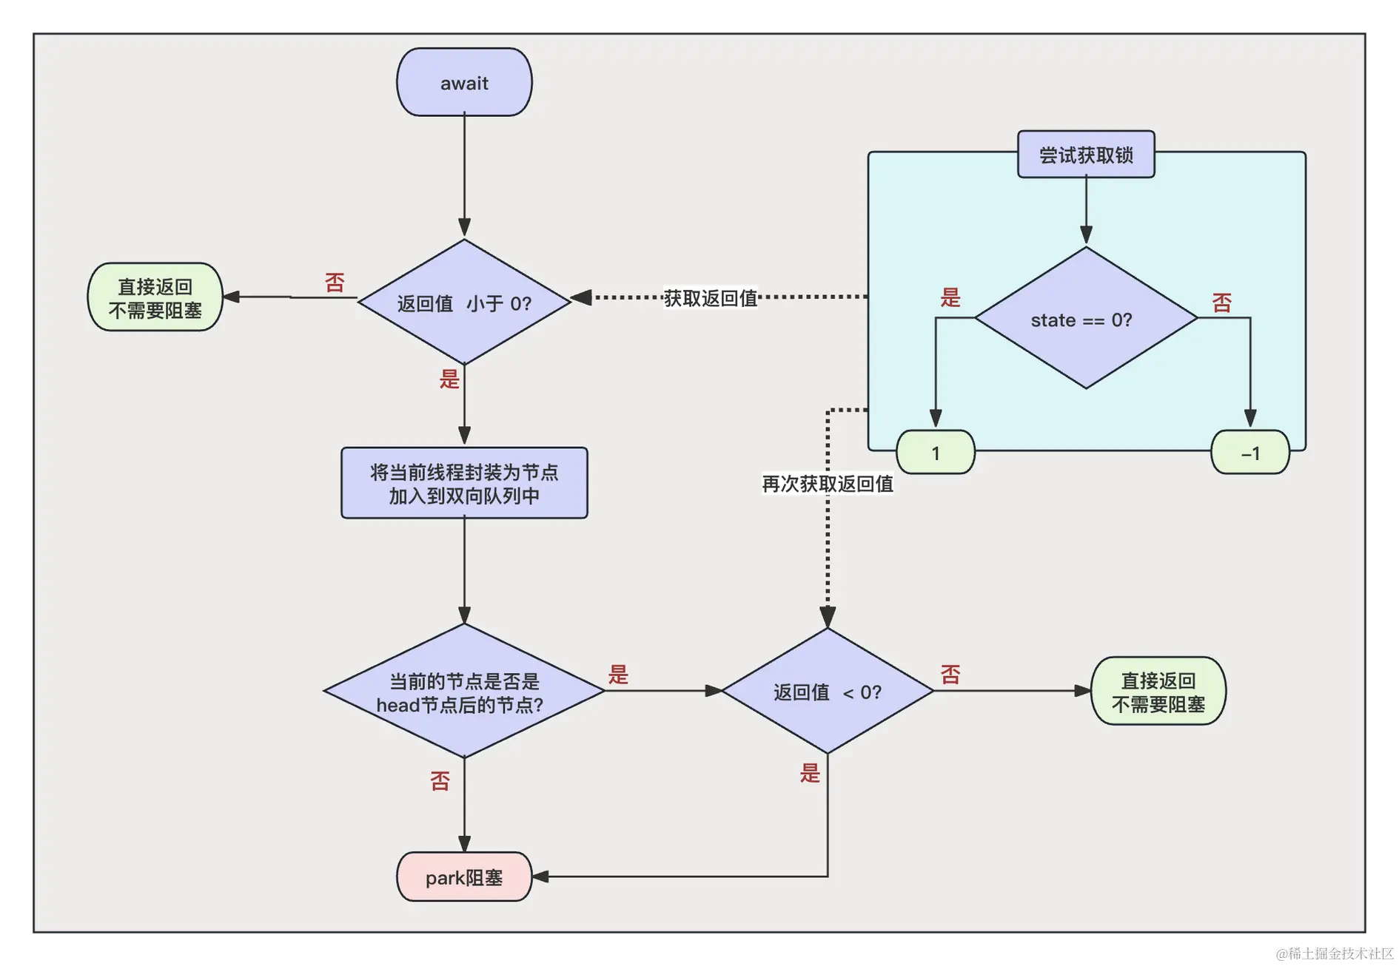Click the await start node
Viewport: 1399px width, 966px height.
(x=464, y=82)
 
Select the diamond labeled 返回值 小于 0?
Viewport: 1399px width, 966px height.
(x=464, y=302)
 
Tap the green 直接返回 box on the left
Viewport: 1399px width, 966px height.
(x=155, y=297)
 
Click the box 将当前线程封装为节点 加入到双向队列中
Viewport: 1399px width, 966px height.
(x=464, y=483)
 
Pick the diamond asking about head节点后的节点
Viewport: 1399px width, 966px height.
(x=464, y=692)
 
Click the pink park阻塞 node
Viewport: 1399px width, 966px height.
(x=464, y=877)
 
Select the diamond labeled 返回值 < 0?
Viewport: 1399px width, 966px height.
(x=828, y=692)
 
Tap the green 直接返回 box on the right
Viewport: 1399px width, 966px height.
(x=1158, y=692)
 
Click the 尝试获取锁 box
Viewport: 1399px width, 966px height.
(x=1086, y=155)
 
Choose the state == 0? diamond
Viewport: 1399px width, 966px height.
(x=1086, y=319)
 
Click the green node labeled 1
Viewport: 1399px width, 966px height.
(x=936, y=453)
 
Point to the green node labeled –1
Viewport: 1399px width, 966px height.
(x=1250, y=453)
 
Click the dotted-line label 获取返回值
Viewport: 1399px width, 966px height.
(x=710, y=298)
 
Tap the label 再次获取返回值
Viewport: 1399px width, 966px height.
(x=828, y=484)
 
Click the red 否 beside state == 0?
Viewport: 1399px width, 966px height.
(x=1222, y=302)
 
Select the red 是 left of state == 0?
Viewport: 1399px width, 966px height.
(x=950, y=297)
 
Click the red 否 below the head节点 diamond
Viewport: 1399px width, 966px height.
(x=440, y=780)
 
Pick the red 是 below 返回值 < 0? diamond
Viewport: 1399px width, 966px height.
(x=810, y=773)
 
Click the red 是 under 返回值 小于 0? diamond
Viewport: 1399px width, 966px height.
(x=449, y=379)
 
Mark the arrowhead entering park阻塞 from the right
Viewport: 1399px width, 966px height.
(x=540, y=877)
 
